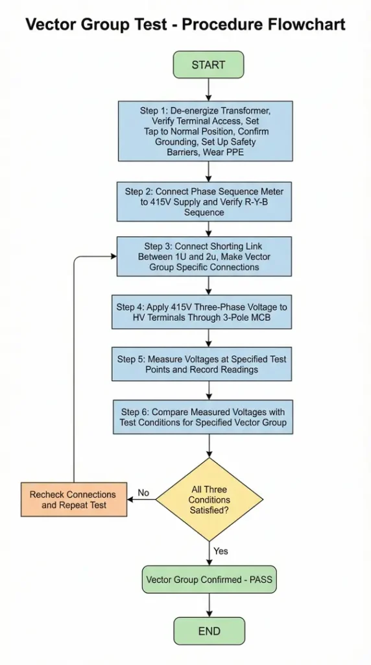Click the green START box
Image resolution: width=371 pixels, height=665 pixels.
click(208, 65)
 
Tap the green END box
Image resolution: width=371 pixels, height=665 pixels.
click(208, 631)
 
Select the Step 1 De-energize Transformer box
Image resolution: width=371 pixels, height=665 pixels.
click(205, 131)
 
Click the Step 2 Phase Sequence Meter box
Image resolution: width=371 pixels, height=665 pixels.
click(204, 201)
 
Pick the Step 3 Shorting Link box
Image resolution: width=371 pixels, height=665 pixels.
click(204, 257)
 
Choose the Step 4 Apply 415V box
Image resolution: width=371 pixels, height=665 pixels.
click(204, 312)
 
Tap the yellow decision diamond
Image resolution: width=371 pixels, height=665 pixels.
click(209, 499)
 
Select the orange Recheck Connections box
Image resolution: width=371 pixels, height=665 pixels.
click(73, 499)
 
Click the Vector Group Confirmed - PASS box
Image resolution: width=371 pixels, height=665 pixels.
click(209, 580)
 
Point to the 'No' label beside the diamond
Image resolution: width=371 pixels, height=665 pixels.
click(143, 493)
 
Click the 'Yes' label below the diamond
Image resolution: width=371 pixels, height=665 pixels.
click(221, 551)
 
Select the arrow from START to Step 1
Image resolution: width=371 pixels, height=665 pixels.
click(208, 89)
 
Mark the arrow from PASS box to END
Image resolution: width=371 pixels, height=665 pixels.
click(208, 605)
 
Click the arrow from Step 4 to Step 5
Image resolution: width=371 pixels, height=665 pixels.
click(208, 338)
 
